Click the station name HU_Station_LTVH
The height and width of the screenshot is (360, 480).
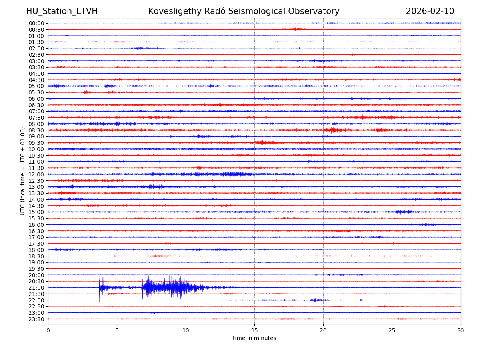pyautogui.click(x=62, y=11)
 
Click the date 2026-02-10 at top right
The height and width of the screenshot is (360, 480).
pyautogui.click(x=430, y=11)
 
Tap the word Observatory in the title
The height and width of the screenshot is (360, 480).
pyautogui.click(x=316, y=11)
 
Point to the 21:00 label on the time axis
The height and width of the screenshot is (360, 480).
pyautogui.click(x=36, y=288)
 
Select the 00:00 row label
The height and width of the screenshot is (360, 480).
pyautogui.click(x=36, y=23)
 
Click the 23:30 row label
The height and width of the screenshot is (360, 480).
pyautogui.click(x=36, y=319)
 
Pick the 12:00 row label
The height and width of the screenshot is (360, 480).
pyautogui.click(x=36, y=174)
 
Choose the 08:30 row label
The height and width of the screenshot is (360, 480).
pyautogui.click(x=36, y=130)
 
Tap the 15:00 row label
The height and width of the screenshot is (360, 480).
pyautogui.click(x=36, y=212)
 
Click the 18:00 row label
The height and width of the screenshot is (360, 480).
pyautogui.click(x=36, y=250)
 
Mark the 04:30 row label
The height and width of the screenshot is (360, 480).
pyautogui.click(x=36, y=80)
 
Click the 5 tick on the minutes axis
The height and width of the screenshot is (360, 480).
pyautogui.click(x=117, y=330)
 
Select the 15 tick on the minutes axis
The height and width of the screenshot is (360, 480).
pyautogui.click(x=254, y=330)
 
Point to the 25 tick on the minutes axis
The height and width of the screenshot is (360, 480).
pyautogui.click(x=392, y=330)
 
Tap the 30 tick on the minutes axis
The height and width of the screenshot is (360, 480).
pyautogui.click(x=461, y=330)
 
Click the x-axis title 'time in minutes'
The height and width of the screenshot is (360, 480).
pyautogui.click(x=254, y=338)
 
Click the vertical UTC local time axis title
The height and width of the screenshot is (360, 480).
pyautogui.click(x=23, y=171)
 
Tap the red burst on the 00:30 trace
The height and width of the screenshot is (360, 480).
pyautogui.click(x=295, y=29)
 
